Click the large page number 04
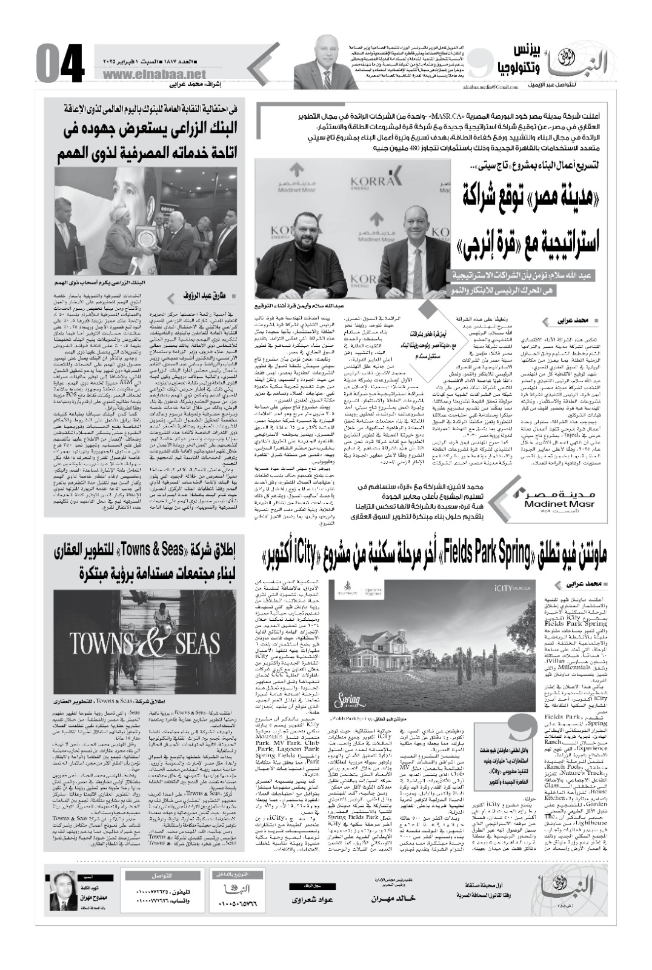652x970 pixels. pyautogui.click(x=59, y=64)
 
